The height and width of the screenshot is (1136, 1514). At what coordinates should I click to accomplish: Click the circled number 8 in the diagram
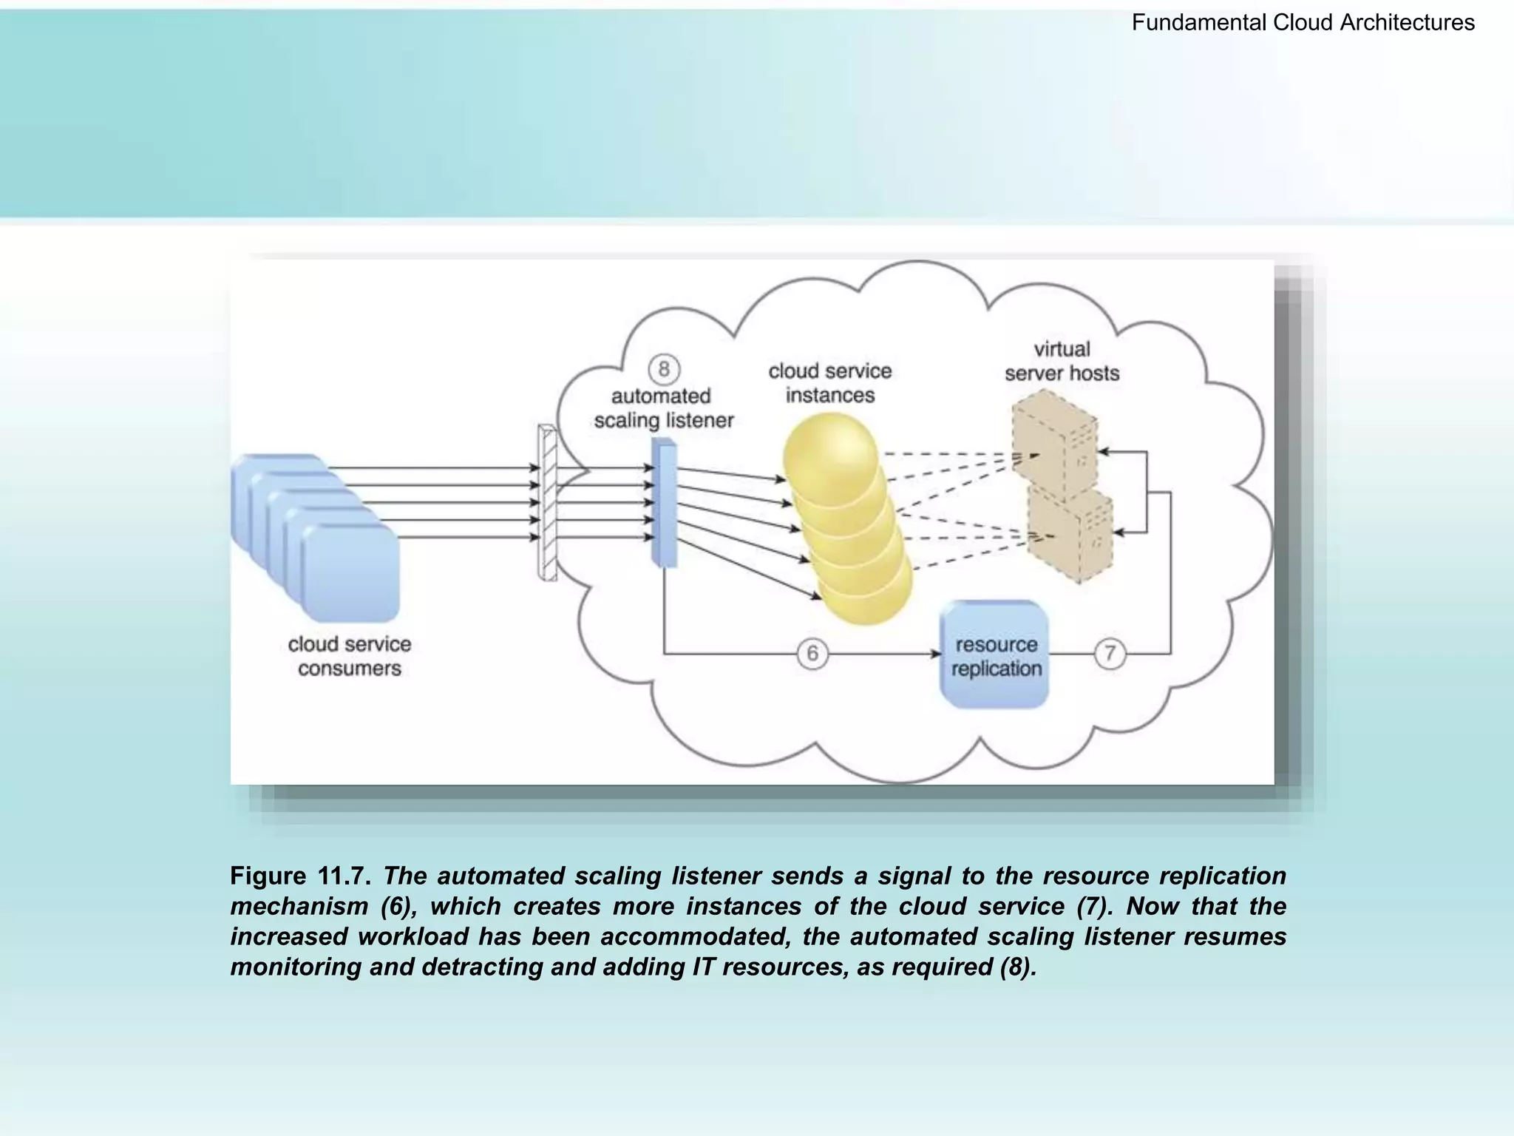(x=664, y=369)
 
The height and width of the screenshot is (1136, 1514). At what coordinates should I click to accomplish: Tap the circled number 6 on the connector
(x=812, y=654)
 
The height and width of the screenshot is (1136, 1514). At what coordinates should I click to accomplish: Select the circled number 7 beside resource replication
(x=1110, y=654)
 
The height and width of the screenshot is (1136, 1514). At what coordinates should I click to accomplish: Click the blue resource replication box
(x=994, y=655)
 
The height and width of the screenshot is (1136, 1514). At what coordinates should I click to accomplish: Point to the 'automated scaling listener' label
(x=663, y=408)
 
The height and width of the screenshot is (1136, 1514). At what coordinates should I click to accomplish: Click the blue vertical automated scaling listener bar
(x=664, y=503)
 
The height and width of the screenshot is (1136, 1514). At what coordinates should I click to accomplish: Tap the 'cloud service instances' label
(x=829, y=383)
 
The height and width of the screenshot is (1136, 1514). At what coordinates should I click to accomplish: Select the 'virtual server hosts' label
(x=1062, y=361)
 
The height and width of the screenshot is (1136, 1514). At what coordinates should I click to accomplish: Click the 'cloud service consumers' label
(x=349, y=656)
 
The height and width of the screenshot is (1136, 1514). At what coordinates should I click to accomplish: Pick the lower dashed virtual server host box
(x=1070, y=534)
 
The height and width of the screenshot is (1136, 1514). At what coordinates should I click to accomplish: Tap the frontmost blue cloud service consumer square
(x=350, y=573)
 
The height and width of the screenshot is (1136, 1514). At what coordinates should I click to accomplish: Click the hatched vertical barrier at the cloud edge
(x=547, y=503)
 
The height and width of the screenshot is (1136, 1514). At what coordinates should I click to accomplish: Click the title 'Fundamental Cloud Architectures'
(x=1303, y=23)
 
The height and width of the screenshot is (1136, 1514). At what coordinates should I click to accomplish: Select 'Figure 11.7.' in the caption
(x=299, y=876)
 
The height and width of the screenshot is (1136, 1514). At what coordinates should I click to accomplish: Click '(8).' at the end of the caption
(x=1018, y=967)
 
